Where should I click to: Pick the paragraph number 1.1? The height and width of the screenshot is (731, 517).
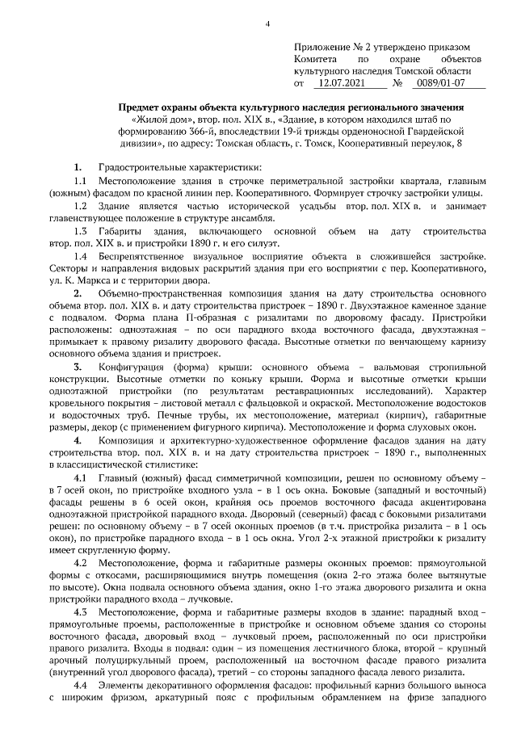click(80, 180)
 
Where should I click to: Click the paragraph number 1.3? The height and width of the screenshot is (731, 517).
click(80, 232)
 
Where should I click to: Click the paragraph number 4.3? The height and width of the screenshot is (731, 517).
click(80, 611)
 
